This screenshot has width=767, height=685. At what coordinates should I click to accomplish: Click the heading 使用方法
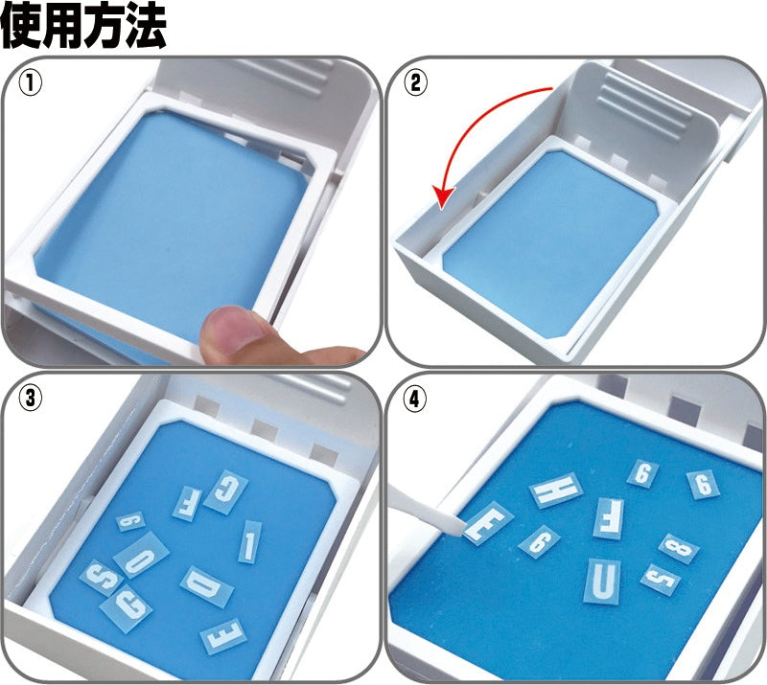coord(83,27)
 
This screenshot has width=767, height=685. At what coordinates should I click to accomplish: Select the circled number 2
coord(415,83)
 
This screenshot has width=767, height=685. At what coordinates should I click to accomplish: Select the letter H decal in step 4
coord(556,491)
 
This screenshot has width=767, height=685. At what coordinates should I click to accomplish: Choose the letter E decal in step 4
coord(488,522)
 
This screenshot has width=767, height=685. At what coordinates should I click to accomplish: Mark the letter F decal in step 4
coord(608,517)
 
